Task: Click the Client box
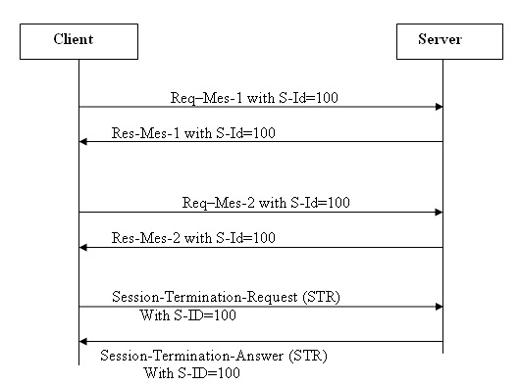(x=79, y=41)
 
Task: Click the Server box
(x=442, y=41)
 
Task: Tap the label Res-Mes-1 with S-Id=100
(x=193, y=132)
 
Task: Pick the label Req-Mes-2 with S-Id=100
(x=266, y=203)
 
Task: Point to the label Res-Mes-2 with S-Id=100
(x=193, y=237)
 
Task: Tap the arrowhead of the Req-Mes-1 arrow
(x=439, y=107)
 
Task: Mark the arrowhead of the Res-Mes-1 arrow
(x=83, y=142)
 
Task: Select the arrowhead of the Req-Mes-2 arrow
(x=439, y=212)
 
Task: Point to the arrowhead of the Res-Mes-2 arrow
(x=83, y=247)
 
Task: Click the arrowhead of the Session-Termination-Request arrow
(x=439, y=306)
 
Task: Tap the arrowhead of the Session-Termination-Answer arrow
(x=83, y=341)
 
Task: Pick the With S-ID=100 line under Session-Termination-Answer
(x=192, y=373)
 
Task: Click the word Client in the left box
(x=79, y=40)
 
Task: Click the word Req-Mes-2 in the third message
(x=211, y=203)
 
